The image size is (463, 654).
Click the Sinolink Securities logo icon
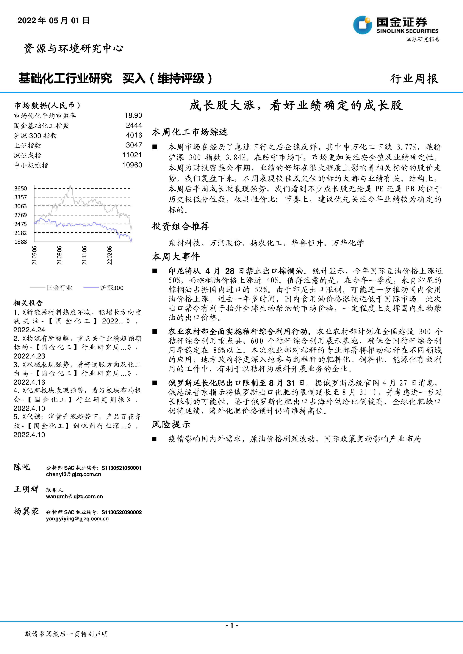tap(362, 25)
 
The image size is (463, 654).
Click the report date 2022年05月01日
tap(54, 20)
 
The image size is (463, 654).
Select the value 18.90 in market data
tap(133, 115)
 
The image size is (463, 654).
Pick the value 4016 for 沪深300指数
tap(134, 135)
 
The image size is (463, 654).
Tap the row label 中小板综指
tap(31, 165)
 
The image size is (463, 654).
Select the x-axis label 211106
tap(84, 255)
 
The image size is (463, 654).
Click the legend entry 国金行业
tap(59, 288)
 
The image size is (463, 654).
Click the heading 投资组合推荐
tap(180, 226)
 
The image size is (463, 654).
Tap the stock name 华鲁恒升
tap(307, 243)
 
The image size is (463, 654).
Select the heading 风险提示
tap(171, 424)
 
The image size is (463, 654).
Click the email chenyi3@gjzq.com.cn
tap(73, 474)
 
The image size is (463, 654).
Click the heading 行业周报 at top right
tap(414, 79)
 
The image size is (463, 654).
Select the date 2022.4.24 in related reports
tap(29, 330)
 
